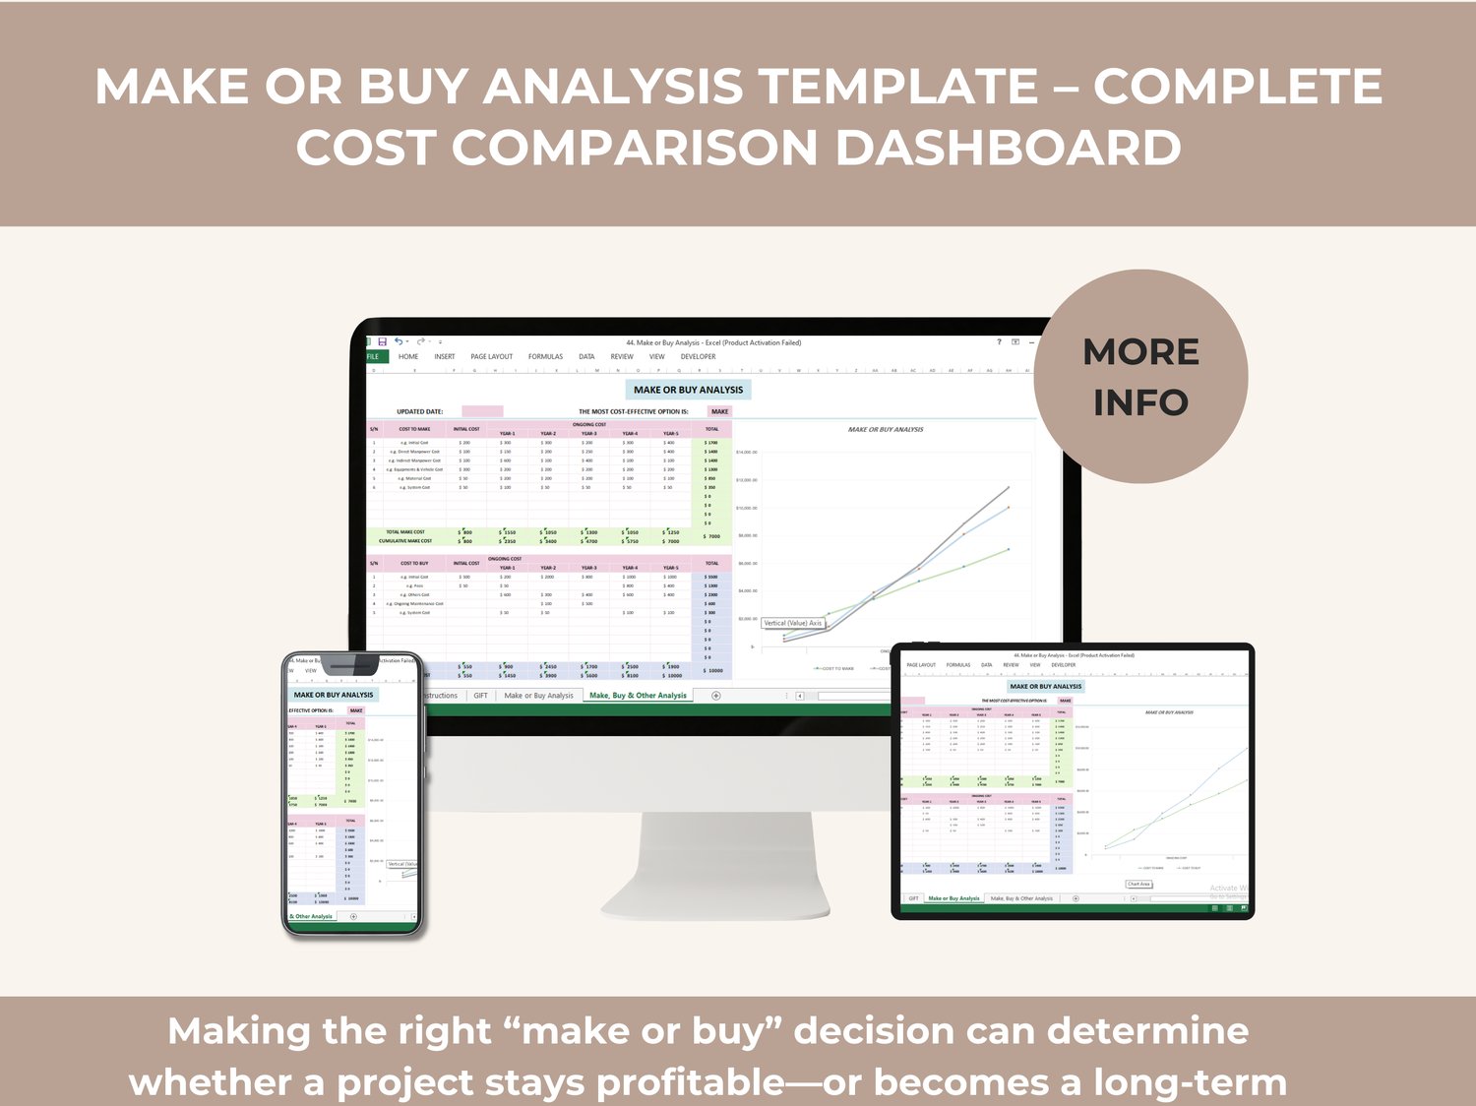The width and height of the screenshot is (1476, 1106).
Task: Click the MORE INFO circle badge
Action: [x=1140, y=377]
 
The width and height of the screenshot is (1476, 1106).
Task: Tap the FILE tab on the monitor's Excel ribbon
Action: [x=373, y=356]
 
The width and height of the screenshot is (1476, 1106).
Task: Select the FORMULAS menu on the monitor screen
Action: [x=545, y=356]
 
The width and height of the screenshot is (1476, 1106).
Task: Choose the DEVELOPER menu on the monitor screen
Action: [x=698, y=356]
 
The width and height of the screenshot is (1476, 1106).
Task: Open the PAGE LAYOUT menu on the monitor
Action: [x=491, y=356]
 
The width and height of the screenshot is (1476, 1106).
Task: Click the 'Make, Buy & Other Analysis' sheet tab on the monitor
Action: [x=638, y=695]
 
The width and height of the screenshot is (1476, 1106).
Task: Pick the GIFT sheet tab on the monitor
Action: [x=480, y=695]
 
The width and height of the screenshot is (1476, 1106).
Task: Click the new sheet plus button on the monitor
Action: [x=715, y=695]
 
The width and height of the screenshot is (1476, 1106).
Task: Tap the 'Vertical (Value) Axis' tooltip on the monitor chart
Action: [x=793, y=623]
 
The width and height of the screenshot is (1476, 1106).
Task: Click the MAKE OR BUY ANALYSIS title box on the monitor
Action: [x=688, y=390]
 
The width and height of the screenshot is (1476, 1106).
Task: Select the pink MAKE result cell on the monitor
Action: [x=719, y=411]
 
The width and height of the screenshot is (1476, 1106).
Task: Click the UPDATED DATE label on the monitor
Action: [x=419, y=411]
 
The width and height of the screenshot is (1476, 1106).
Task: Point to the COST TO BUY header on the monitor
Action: [x=414, y=563]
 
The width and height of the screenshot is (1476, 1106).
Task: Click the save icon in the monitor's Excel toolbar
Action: [x=382, y=341]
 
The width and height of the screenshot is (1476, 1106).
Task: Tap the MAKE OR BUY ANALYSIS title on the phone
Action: [x=333, y=695]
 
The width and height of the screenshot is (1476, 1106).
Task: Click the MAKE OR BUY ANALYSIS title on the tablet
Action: [x=1045, y=686]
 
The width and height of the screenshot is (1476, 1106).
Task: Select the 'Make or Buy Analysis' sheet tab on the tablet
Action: [x=953, y=898]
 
